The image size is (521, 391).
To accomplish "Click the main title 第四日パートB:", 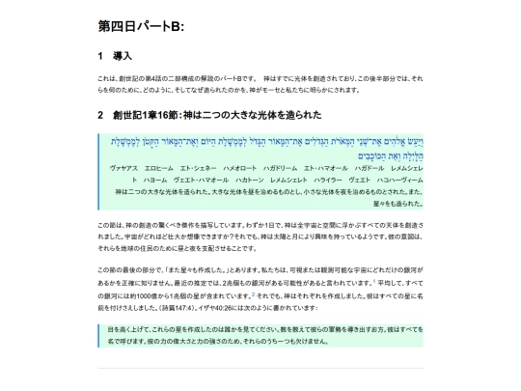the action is click(x=141, y=25).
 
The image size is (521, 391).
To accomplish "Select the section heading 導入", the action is click(x=123, y=56).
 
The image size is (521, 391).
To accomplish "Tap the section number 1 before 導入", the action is click(x=101, y=56).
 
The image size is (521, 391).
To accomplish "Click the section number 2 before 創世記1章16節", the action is click(x=101, y=115).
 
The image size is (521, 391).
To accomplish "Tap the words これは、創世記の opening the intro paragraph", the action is click(x=120, y=77).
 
